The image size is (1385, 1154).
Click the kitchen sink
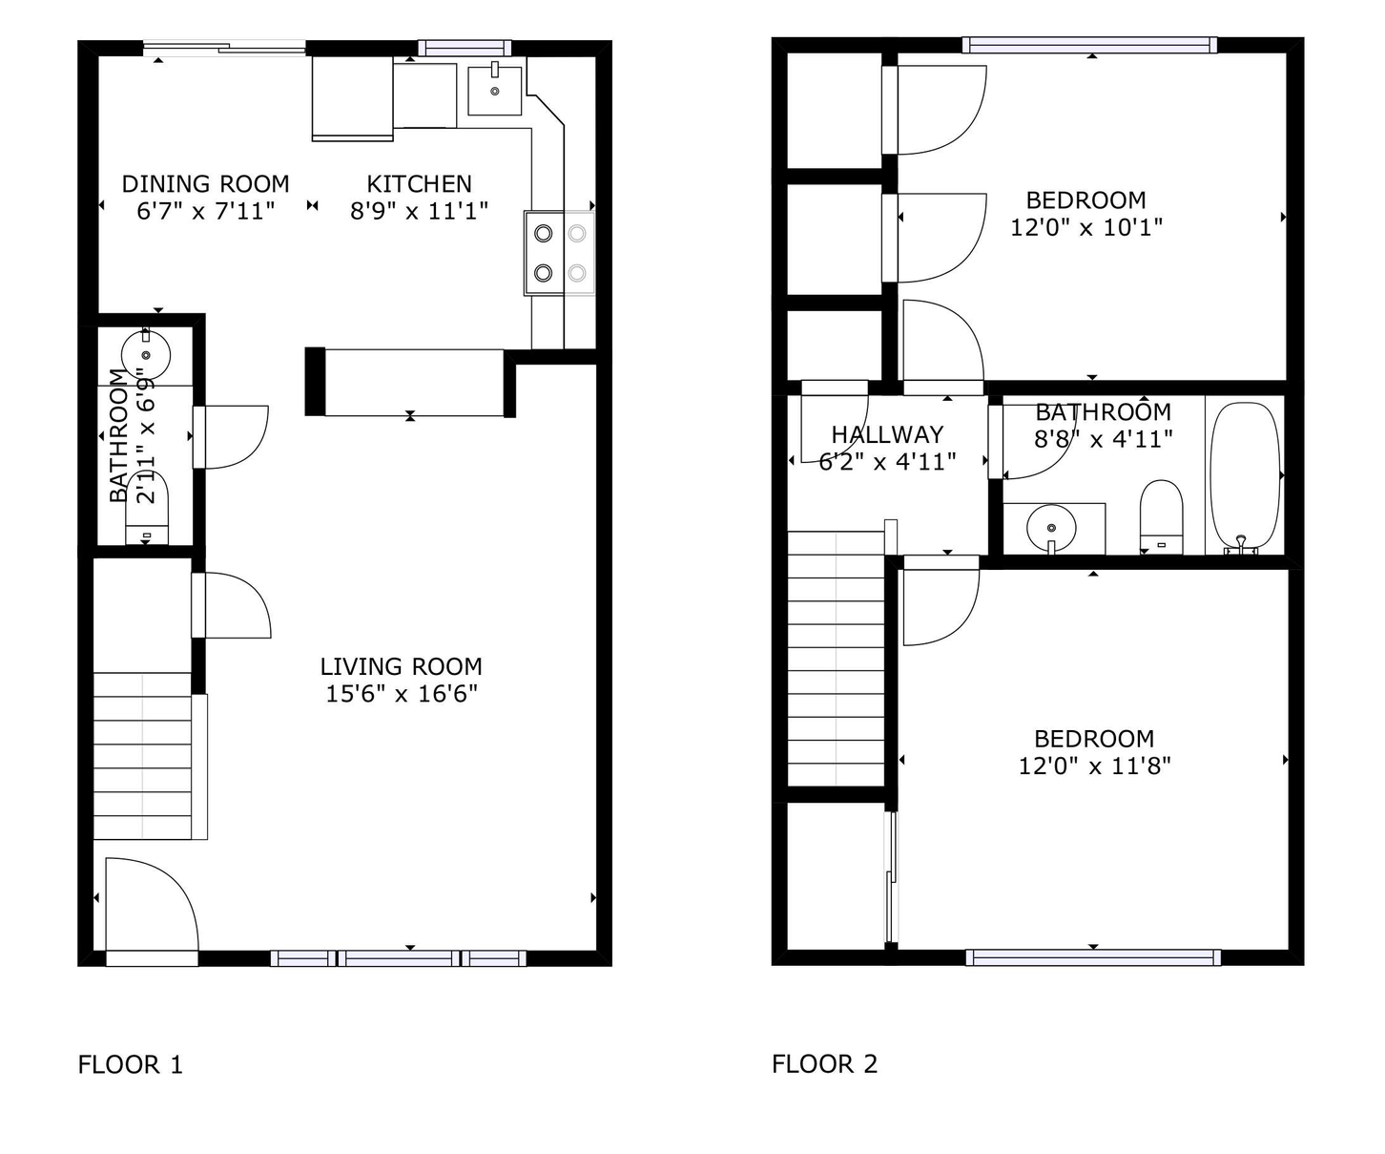[494, 90]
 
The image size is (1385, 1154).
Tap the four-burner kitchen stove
[559, 253]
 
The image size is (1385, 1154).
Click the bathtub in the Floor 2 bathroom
[1244, 477]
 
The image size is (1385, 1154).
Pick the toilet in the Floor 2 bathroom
[1161, 516]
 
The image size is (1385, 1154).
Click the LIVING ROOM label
[401, 666]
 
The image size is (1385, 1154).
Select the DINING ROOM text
[205, 183]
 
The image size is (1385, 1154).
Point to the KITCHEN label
[419, 183]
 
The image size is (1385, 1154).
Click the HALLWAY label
[887, 434]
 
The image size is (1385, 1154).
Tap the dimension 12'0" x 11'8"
[1094, 766]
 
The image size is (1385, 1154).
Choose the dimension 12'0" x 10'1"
[1085, 227]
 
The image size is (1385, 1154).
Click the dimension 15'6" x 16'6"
[401, 694]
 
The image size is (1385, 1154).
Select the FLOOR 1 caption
[130, 1064]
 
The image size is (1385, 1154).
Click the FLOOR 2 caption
[824, 1064]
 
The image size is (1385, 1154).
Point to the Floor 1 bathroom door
[231, 437]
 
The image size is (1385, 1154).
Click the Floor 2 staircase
[836, 659]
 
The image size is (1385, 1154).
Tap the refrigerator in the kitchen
[352, 97]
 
